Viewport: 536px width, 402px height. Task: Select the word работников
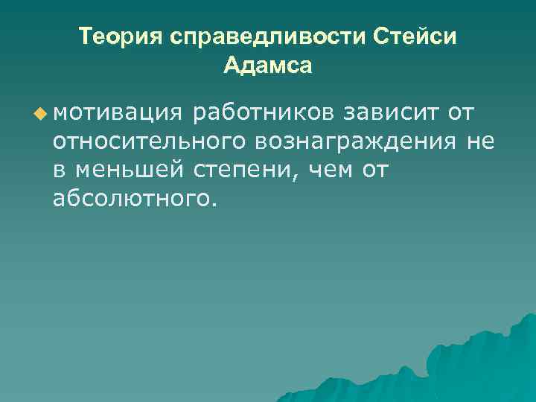point(264,112)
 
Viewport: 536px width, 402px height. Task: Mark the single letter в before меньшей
point(60,170)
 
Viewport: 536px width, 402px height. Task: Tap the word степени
point(236,170)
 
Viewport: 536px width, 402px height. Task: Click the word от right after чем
point(377,170)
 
